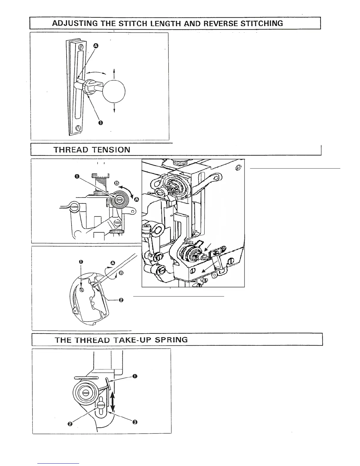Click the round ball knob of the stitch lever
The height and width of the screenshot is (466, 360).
114,91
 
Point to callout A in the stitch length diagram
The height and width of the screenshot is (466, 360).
96,46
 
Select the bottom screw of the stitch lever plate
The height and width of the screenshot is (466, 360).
78,128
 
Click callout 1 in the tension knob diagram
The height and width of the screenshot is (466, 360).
77,177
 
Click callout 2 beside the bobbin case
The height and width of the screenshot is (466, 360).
121,300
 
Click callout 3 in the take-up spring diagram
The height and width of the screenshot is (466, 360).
134,422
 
